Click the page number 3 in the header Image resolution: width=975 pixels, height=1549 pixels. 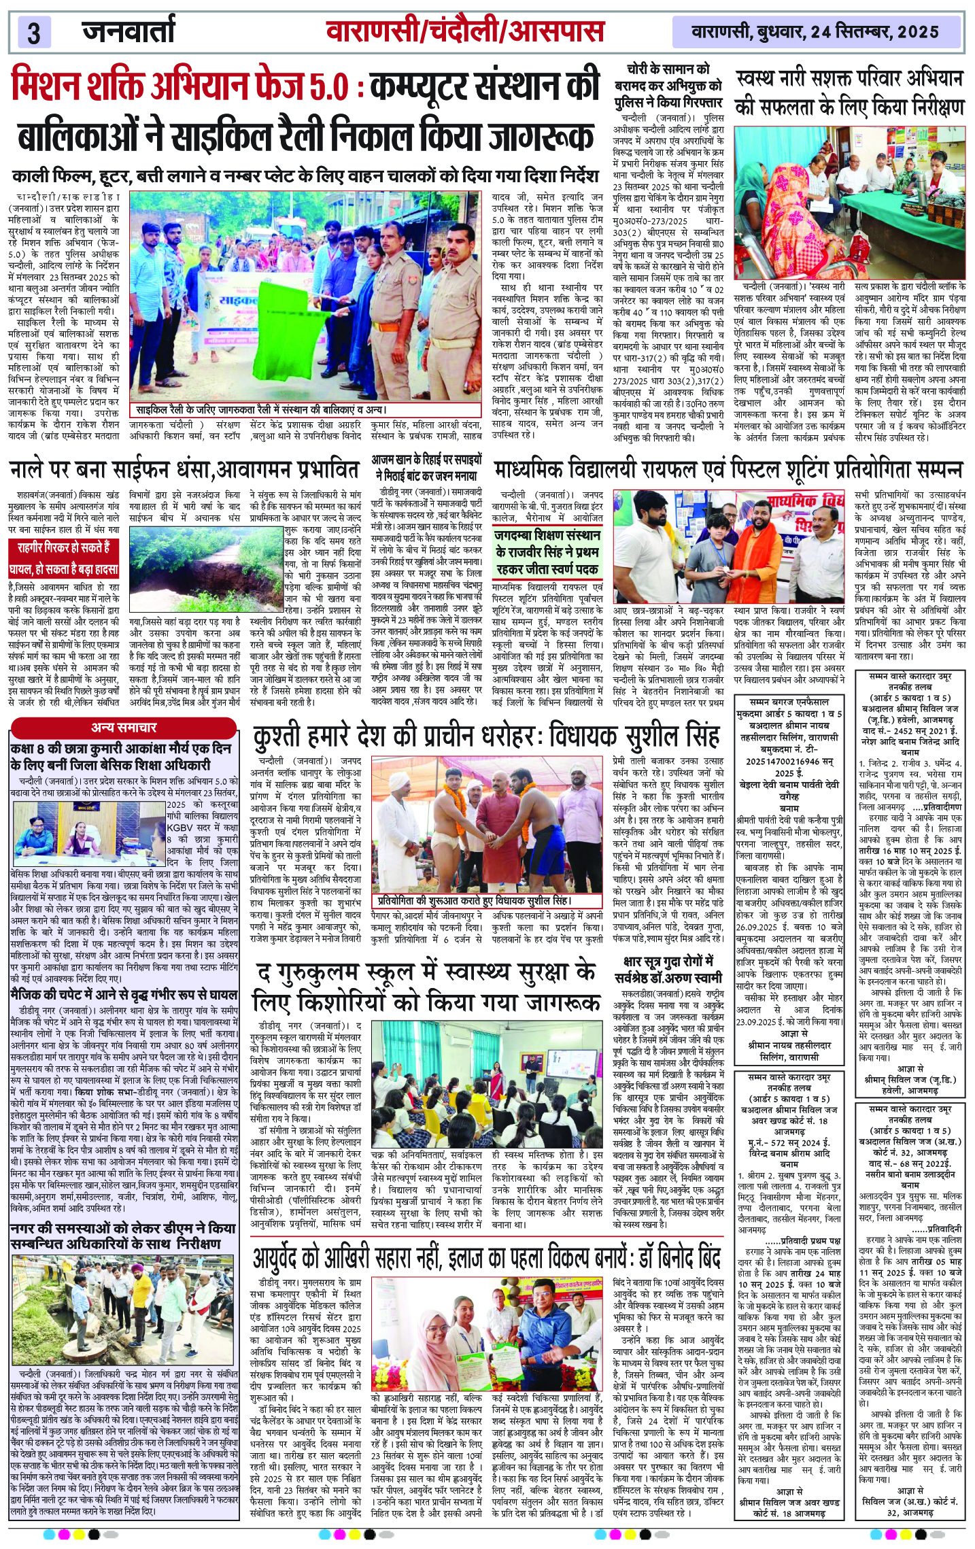34,33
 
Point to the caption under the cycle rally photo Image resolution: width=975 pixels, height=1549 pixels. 260,410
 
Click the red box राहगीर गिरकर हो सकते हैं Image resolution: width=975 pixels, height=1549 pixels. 65,558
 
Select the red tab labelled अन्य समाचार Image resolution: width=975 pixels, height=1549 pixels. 124,727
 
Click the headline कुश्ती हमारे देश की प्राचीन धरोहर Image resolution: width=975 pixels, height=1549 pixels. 485,736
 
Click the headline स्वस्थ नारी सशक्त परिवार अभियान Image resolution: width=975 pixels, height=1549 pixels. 849,93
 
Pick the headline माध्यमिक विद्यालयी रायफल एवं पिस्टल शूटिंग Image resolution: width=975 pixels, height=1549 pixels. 728,470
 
